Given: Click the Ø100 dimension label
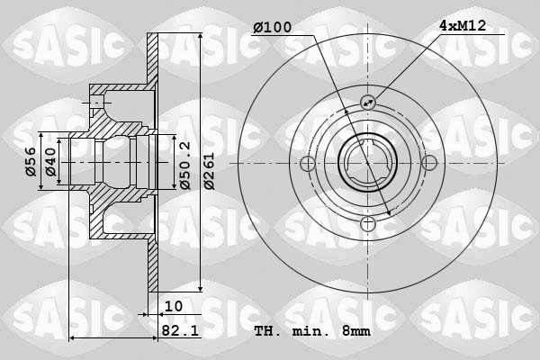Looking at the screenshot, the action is point(272,28).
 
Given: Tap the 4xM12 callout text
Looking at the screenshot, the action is point(463,26).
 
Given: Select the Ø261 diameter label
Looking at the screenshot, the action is point(209,171).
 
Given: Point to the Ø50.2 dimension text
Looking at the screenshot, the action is point(184,166).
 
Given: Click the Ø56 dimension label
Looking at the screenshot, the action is point(31,162).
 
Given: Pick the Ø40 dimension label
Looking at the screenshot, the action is point(50,162).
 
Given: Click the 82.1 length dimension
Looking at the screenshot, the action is point(180,331).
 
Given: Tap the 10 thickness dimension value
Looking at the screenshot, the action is point(173,306).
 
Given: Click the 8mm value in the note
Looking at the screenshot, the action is point(356,331).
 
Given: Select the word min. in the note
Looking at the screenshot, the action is point(307,331).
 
